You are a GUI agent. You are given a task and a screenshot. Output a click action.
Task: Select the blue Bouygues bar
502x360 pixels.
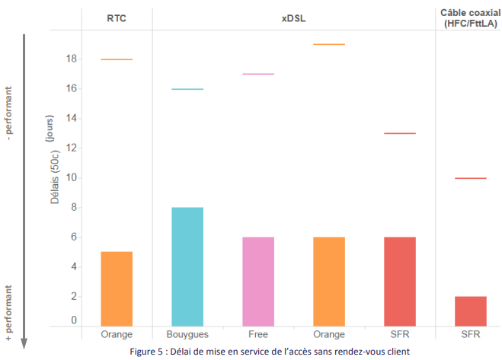pyautogui.click(x=187, y=267)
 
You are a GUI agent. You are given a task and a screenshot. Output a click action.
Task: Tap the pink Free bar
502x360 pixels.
pyautogui.click(x=258, y=282)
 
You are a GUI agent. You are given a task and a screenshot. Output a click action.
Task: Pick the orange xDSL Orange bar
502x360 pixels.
pyautogui.click(x=329, y=282)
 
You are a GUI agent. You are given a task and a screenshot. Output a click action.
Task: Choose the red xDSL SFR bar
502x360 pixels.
pyautogui.click(x=399, y=282)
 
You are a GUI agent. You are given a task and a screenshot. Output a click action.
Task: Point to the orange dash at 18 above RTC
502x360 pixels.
pyautogui.click(x=117, y=59)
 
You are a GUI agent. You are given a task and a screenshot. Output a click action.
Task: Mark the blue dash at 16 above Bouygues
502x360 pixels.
pyautogui.click(x=187, y=89)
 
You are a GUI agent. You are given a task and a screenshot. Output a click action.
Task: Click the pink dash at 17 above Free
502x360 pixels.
pyautogui.click(x=258, y=74)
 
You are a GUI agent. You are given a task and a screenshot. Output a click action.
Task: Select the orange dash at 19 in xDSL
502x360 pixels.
pyautogui.click(x=329, y=44)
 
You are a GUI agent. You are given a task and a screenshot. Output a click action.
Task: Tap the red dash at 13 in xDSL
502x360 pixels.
pyautogui.click(x=399, y=133)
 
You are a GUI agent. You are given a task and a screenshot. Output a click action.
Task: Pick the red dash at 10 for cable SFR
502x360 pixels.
pyautogui.click(x=470, y=178)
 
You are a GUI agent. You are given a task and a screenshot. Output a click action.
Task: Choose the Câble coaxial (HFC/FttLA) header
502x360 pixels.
pyautogui.click(x=469, y=18)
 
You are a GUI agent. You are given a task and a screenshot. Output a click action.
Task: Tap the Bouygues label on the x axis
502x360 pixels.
pyautogui.click(x=187, y=335)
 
